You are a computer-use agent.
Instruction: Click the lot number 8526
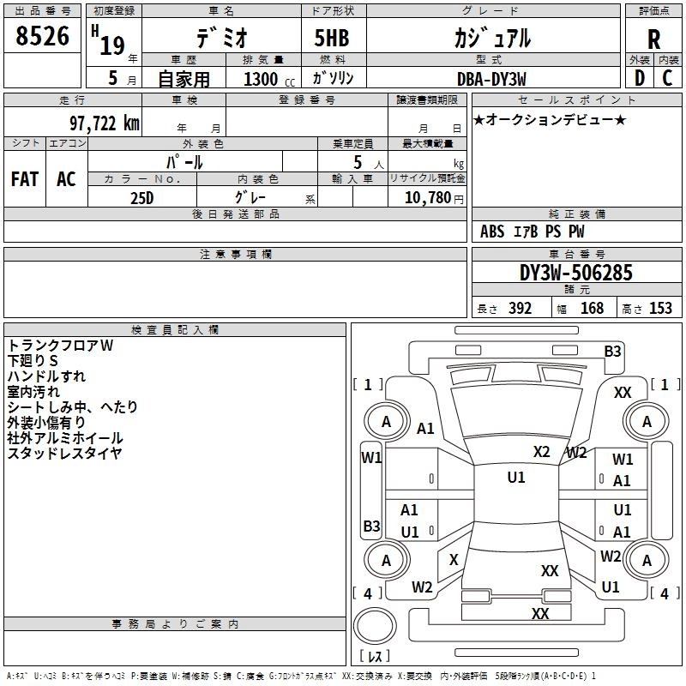coord(43,37)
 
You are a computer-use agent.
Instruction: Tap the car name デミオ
coord(220,38)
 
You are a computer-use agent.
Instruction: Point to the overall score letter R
coord(653,39)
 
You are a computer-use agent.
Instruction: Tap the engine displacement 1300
coord(261,79)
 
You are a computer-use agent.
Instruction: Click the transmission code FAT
coord(24,179)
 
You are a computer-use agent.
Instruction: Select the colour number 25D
coord(141,197)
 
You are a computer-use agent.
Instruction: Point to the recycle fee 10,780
coord(426,198)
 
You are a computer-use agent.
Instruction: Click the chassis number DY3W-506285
coord(576,273)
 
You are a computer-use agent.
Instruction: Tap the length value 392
coord(520,309)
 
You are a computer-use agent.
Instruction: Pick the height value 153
coord(660,309)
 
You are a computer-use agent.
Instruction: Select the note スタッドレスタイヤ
coord(64,453)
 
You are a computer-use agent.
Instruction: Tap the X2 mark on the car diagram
coord(541,452)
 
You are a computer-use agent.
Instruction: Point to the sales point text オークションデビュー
coord(549,119)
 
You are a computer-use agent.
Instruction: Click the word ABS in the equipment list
coord(492,232)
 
